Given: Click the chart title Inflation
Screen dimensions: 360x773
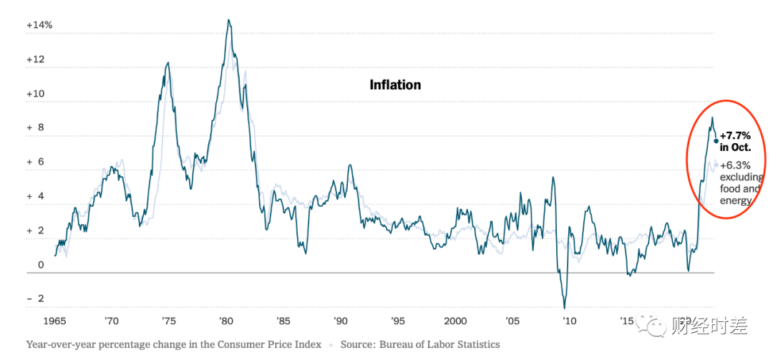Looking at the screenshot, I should tap(395, 84).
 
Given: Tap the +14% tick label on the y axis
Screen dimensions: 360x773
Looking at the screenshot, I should tap(39, 25).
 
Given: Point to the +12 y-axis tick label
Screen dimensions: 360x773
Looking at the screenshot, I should tap(36, 59).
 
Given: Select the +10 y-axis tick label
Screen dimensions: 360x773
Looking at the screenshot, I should tap(36, 94).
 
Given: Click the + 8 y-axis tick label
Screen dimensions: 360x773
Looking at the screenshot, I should tap(36, 128).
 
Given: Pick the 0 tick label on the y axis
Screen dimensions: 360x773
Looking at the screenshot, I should tap(41, 265).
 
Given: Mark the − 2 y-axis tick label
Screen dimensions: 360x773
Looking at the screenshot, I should tap(36, 298).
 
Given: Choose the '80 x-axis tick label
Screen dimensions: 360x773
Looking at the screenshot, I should tap(225, 321).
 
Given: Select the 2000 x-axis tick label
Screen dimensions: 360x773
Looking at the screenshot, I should tap(455, 321).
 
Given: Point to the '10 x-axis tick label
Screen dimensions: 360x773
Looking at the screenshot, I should tap(568, 321).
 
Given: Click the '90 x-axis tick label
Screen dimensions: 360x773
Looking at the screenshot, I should tap(340, 321).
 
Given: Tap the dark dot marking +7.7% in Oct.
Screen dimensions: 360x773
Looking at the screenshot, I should tap(716, 141).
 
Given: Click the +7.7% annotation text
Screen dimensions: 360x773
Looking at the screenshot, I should tap(735, 135).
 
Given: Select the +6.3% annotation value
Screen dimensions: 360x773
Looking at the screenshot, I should tap(735, 165).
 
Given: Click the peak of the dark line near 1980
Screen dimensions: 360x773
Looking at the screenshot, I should tap(228, 20).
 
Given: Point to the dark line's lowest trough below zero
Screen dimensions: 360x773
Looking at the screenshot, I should tap(565, 308).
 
